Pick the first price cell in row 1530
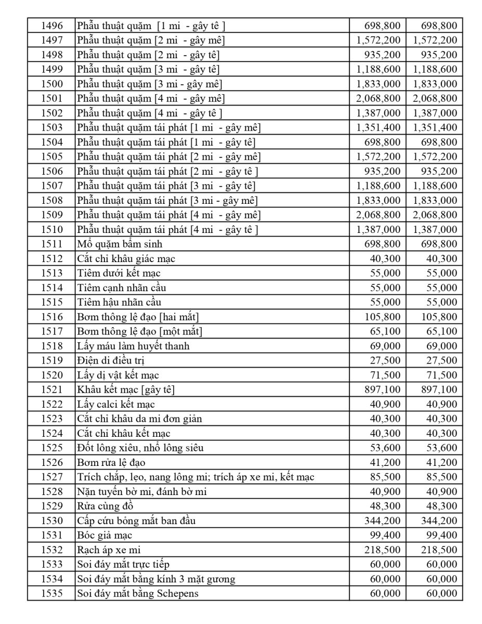(x=383, y=521)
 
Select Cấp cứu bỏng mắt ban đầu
(x=136, y=521)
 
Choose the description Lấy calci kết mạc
(x=116, y=404)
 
